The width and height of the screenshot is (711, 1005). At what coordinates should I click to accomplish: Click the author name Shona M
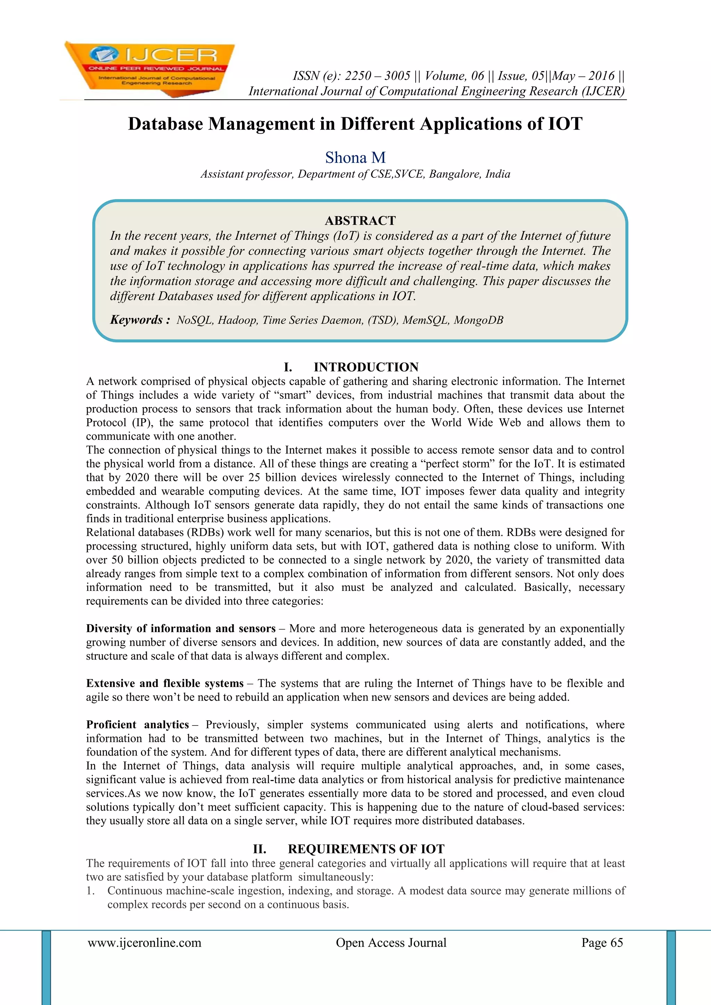click(x=355, y=158)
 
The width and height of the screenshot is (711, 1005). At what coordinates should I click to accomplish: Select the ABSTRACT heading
click(x=360, y=220)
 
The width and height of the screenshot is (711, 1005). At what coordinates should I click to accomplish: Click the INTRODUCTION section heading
click(x=366, y=367)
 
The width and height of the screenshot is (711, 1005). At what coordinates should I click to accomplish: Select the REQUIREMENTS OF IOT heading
click(x=366, y=849)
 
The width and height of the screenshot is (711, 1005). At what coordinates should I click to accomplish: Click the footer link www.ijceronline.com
click(x=144, y=943)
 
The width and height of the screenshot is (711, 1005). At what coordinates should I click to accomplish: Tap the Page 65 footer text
click(x=602, y=943)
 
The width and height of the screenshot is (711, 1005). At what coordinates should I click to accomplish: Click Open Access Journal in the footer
click(x=391, y=943)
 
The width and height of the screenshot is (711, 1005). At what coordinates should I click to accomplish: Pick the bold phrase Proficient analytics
click(x=137, y=725)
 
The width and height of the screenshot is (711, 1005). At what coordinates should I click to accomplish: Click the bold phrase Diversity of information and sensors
click(x=181, y=629)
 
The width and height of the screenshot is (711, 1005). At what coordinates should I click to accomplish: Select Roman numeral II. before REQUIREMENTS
click(x=260, y=849)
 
